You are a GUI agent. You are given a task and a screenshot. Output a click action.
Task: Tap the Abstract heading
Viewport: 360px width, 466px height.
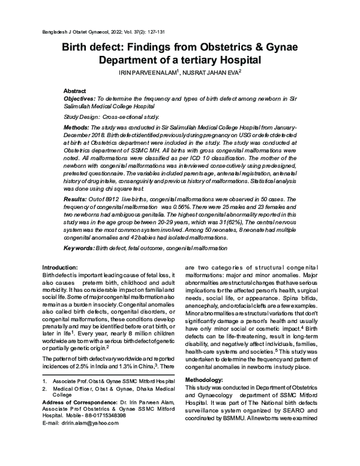tap(76, 89)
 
